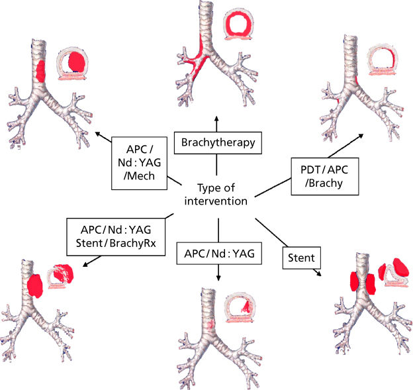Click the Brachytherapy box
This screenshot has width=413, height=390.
coord(218,141)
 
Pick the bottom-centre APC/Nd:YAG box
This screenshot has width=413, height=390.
coord(218,252)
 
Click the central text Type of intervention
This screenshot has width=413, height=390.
coord(218,194)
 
